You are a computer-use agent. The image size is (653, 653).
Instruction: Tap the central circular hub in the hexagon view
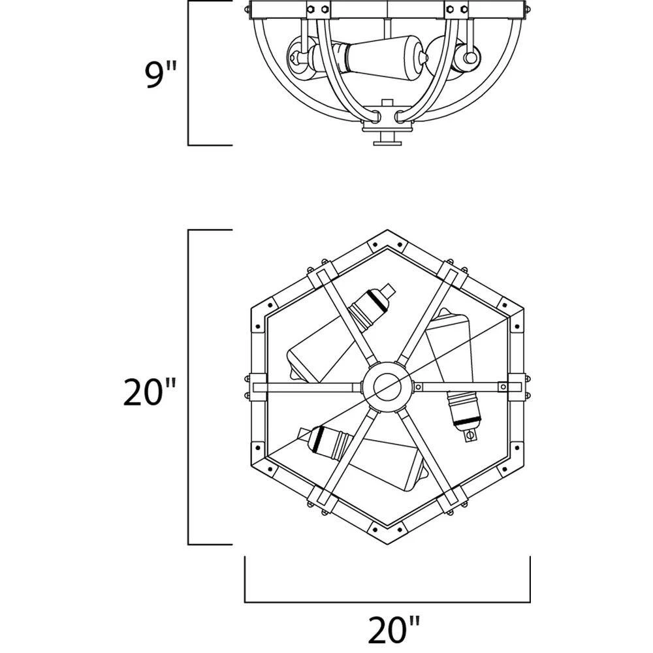[x=387, y=387]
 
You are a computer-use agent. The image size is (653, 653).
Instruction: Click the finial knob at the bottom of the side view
[x=387, y=139]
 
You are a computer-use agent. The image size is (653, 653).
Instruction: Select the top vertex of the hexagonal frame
[x=387, y=231]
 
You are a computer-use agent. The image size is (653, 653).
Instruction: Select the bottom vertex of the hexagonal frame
[x=387, y=544]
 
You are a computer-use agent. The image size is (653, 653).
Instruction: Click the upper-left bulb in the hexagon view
[x=340, y=333]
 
